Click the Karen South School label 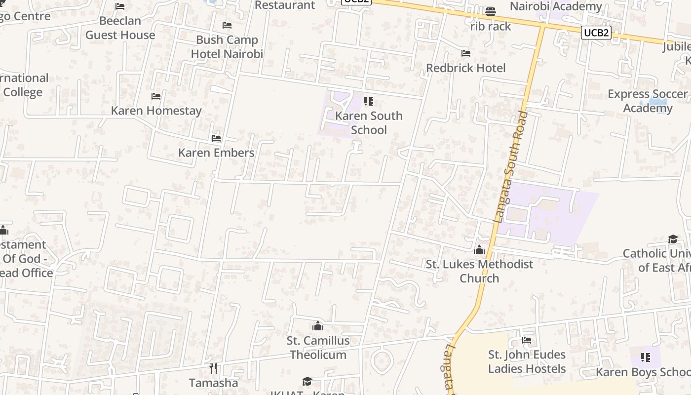click(369, 123)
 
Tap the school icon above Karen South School click(368, 101)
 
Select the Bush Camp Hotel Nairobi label click(227, 47)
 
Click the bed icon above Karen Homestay click(156, 96)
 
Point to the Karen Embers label click(216, 153)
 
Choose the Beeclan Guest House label click(120, 28)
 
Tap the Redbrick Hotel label click(465, 68)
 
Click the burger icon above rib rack click(490, 11)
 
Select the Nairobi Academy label click(556, 6)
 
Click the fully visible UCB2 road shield click(596, 33)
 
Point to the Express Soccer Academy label click(648, 101)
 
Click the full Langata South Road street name click(510, 166)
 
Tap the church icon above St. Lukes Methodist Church click(479, 250)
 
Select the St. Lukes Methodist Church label click(479, 271)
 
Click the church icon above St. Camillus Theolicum click(318, 326)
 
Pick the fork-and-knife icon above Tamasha click(213, 368)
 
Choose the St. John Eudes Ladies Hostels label click(527, 361)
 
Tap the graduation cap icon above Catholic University click(673, 239)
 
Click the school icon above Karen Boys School click(645, 357)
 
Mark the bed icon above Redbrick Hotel click(465, 53)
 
